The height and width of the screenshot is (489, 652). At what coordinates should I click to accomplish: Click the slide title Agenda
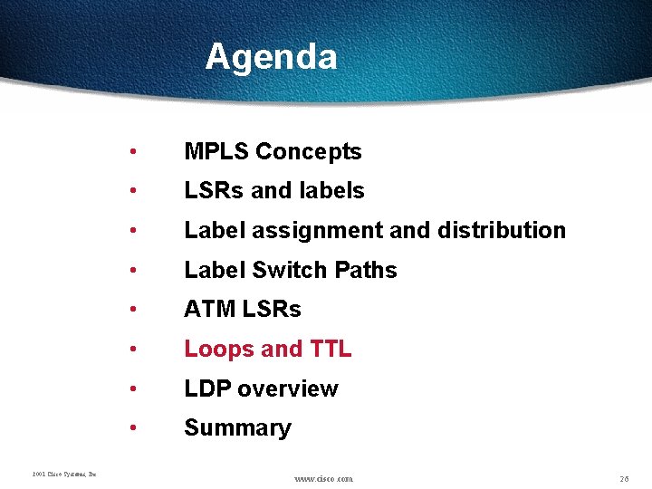271,56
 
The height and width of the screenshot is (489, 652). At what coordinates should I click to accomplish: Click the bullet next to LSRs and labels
133,191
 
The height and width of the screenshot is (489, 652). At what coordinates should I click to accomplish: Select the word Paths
366,270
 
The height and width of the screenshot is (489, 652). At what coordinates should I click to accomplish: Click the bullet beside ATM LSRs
133,310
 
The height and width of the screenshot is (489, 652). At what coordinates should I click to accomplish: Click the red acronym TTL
331,349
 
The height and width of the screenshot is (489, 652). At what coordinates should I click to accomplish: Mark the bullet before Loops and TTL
133,350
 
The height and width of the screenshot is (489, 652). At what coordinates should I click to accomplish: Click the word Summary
237,428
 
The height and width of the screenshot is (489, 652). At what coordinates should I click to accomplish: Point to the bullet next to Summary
133,428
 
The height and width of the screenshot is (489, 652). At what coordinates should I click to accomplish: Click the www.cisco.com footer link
323,477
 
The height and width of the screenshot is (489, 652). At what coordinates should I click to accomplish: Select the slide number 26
624,477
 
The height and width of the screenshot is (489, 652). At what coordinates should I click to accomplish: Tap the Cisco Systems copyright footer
64,473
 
